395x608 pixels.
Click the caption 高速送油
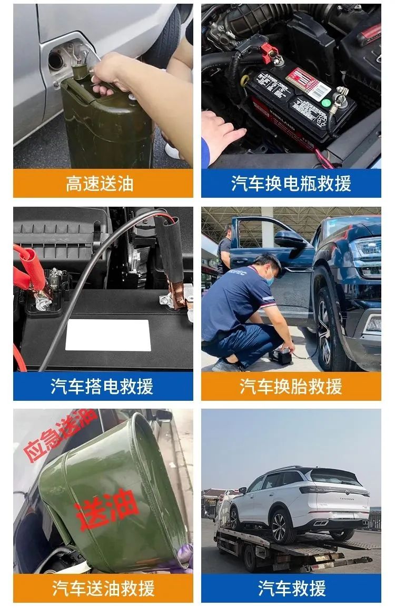point(100,184)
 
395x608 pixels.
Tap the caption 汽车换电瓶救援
point(291,184)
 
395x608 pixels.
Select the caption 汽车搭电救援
point(102,387)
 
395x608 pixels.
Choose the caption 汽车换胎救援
point(291,387)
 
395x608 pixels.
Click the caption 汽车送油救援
point(103,589)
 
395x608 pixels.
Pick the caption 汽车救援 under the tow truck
point(292,589)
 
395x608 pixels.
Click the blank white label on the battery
point(108,335)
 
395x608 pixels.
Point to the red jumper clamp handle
point(31,266)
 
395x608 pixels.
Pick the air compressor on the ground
point(281,356)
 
